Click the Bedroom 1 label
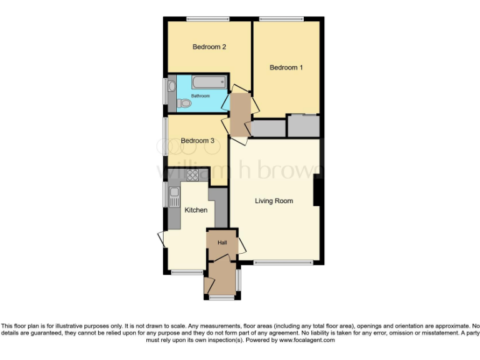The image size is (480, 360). (x=286, y=67)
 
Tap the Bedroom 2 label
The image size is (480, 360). (x=209, y=47)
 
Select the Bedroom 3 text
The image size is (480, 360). (x=197, y=141)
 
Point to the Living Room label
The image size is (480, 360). (x=274, y=201)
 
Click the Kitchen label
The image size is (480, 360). (x=196, y=210)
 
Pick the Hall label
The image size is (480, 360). (x=222, y=242)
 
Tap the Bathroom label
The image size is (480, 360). (x=200, y=96)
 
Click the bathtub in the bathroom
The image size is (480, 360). (x=206, y=82)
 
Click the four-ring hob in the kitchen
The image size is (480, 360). (x=192, y=175)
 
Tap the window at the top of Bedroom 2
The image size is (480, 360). (x=207, y=18)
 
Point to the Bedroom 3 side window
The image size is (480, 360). (x=166, y=135)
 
